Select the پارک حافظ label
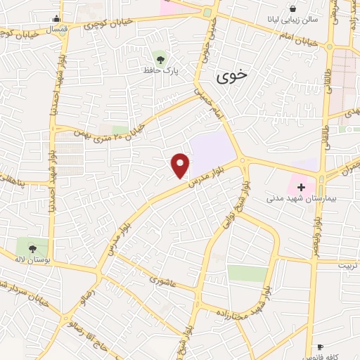pos(162,70)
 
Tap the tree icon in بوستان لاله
pos(32,247)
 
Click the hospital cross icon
pos(302,188)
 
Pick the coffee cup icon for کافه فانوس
pos(321,347)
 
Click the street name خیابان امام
pos(300,38)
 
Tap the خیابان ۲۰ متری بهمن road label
pos(127,129)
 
